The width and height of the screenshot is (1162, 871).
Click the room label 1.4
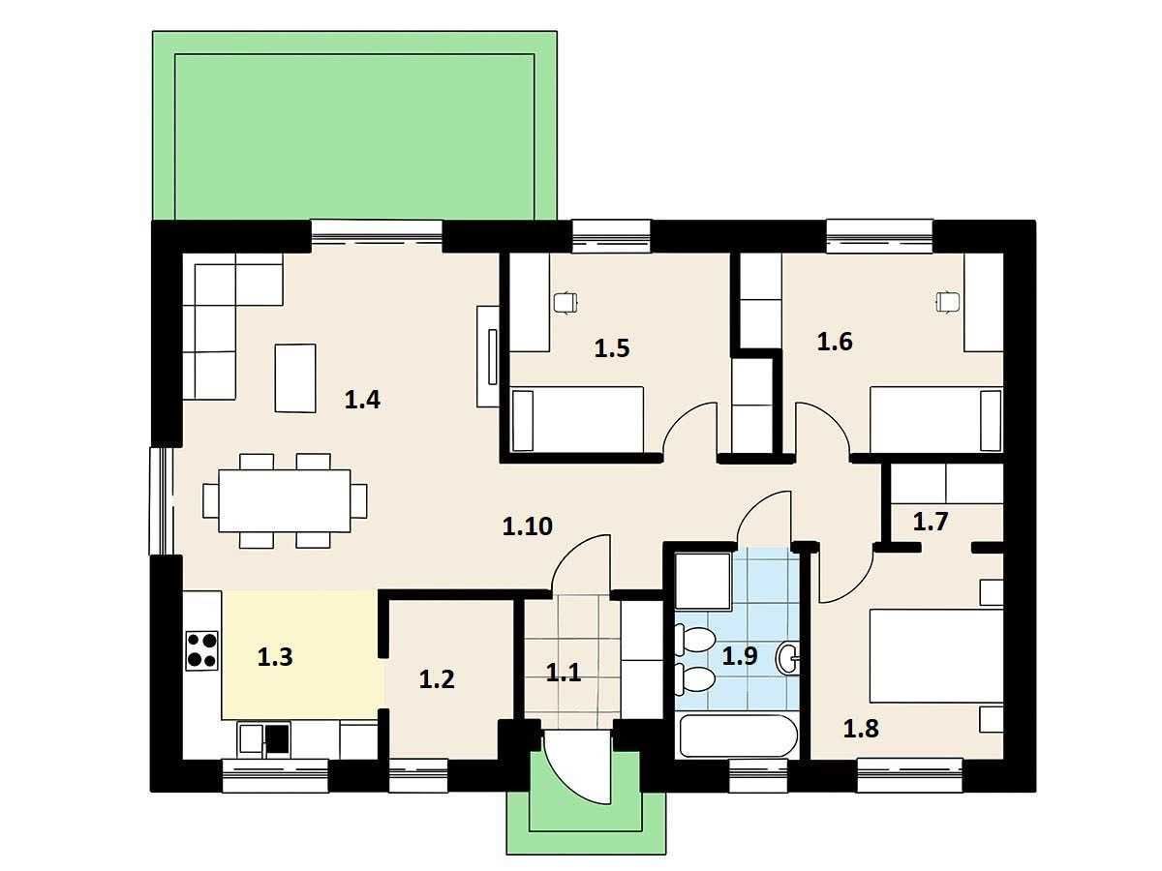tap(362, 400)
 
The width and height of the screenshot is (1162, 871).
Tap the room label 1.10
tap(528, 526)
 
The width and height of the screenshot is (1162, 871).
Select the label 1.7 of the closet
tap(931, 522)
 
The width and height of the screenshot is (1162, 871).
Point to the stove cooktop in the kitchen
tap(201, 650)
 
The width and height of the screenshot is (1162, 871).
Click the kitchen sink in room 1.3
tap(264, 737)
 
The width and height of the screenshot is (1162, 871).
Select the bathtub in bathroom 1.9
tap(738, 736)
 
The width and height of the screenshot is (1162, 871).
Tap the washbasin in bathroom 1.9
tap(787, 658)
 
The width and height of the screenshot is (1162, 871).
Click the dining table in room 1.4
tap(285, 500)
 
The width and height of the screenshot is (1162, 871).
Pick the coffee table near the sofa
tap(295, 378)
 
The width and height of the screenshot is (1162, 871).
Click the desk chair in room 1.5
tap(565, 303)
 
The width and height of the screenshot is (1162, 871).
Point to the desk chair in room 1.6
tap(947, 302)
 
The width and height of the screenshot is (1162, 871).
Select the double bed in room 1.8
tap(936, 656)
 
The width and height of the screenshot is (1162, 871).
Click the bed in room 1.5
tap(577, 419)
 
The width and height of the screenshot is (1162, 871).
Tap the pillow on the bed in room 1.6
tap(991, 420)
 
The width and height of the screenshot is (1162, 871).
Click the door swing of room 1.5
tap(689, 429)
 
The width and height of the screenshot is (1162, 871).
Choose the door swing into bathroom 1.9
tap(764, 517)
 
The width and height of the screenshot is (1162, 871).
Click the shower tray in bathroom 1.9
tap(704, 582)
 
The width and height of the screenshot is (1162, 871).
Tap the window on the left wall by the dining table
tap(162, 500)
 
